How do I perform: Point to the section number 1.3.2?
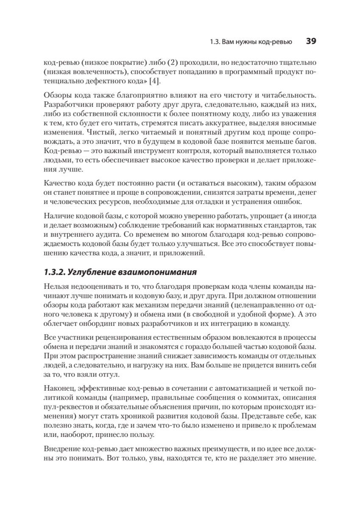point(54,271)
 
